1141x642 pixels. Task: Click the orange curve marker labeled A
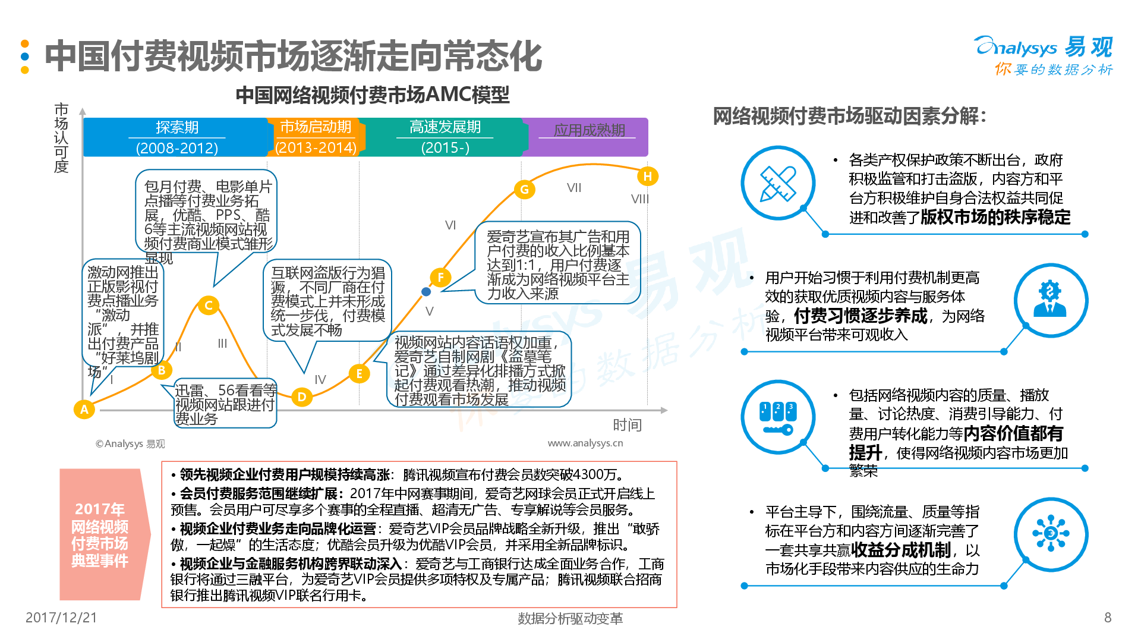[84, 409]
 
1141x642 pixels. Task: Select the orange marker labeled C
[209, 306]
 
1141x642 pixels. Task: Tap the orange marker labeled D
[302, 396]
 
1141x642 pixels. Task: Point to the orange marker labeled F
[440, 277]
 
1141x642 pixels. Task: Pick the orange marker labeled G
[524, 190]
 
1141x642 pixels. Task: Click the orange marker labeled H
[648, 176]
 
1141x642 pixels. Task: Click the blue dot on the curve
[426, 291]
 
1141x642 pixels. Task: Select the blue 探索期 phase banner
[176, 137]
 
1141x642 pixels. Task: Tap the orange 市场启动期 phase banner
[316, 137]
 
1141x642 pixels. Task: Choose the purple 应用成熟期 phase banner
[588, 137]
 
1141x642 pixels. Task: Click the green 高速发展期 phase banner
[445, 137]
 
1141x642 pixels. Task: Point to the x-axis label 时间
[627, 424]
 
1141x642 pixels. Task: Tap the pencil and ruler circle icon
[778, 183]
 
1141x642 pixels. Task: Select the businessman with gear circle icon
[1051, 300]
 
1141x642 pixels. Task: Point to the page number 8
[1107, 618]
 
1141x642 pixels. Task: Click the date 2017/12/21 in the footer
[61, 618]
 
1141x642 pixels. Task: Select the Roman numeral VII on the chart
[574, 188]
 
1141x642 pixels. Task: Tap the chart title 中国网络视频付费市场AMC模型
[373, 95]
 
